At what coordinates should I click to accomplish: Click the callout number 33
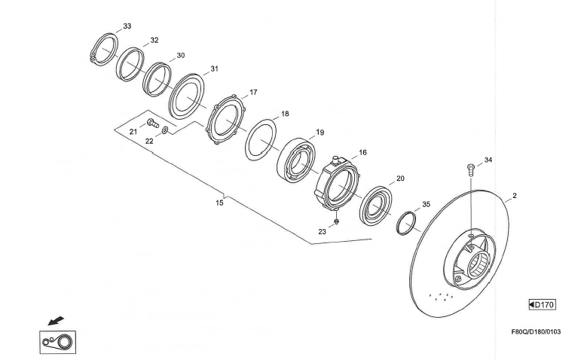[127, 26]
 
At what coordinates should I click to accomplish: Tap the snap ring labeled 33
[103, 49]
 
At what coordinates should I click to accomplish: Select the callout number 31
[214, 69]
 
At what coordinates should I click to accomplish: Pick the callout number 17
[253, 93]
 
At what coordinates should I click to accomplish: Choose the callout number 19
[320, 133]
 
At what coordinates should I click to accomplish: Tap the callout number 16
[362, 152]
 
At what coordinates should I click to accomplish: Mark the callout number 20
[401, 178]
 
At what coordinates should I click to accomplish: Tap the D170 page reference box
[542, 304]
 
